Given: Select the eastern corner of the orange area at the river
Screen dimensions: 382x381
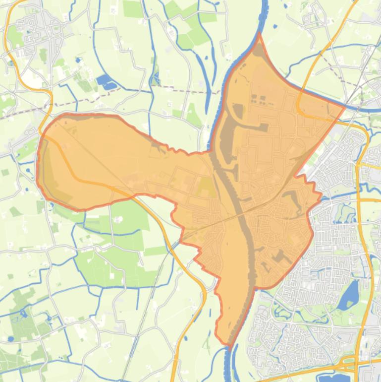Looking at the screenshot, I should point(345,106).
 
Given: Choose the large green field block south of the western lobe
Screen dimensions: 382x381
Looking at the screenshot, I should point(114,263).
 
